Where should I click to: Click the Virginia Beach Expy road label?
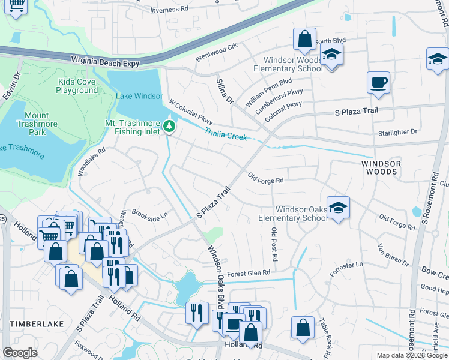point(105,62)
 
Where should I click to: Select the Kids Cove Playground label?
point(77,86)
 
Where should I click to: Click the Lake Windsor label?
point(140,96)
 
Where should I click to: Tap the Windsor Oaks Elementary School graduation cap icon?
point(339,208)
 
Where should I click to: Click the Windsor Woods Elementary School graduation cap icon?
point(331,53)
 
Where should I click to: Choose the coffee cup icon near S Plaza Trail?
point(378,83)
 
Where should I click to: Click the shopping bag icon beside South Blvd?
point(304,39)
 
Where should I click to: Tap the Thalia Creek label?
point(225,134)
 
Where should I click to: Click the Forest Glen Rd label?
point(248,272)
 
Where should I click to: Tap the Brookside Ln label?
point(149,215)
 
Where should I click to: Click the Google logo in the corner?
point(20,352)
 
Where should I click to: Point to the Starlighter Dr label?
point(397,132)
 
